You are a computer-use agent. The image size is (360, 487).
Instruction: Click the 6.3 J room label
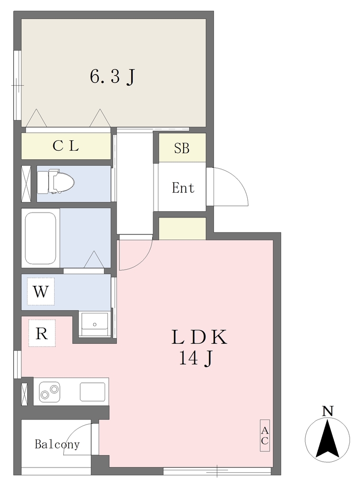[x=112, y=77]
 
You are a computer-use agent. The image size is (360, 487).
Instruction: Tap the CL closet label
[x=66, y=146]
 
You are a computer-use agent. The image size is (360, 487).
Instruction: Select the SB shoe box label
[x=182, y=148]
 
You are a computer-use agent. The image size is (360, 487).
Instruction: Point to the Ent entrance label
[x=183, y=188]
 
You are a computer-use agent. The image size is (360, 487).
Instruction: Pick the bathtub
[x=40, y=238]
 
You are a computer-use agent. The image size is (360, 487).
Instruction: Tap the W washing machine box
[x=41, y=292]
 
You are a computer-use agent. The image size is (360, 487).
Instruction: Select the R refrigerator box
[x=42, y=333]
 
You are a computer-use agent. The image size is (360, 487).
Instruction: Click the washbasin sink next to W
[x=95, y=324]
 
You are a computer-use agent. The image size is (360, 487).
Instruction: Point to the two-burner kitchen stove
[x=50, y=392]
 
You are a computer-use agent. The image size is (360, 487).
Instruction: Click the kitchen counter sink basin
[x=92, y=392]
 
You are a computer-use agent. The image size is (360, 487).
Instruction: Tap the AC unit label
[x=264, y=436]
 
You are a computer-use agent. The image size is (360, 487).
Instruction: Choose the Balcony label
[x=57, y=444]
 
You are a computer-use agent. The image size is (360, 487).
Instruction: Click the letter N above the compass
[x=327, y=411]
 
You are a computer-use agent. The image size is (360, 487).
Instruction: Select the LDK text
[x=199, y=338]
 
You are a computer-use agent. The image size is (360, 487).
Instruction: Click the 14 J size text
[x=195, y=359]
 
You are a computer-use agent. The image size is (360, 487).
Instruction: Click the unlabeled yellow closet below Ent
[x=182, y=229]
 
